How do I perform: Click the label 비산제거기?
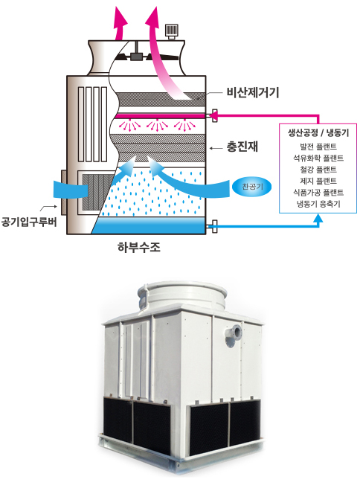(x=253, y=93)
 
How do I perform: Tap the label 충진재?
(x=242, y=147)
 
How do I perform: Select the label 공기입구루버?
(x=29, y=222)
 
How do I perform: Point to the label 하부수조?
(x=139, y=247)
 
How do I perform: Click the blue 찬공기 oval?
(x=252, y=187)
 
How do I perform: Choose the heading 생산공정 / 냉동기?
(x=318, y=132)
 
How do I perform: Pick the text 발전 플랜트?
(x=318, y=147)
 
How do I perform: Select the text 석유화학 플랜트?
(x=318, y=158)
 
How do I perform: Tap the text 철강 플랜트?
(x=318, y=170)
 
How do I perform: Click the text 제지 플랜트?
(x=318, y=181)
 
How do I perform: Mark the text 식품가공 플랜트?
(x=318, y=192)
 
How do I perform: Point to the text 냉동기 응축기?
(x=318, y=204)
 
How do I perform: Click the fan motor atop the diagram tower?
(x=172, y=31)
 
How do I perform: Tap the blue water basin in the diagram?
(x=149, y=225)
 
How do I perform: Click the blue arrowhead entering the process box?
(x=318, y=218)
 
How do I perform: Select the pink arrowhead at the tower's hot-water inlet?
(x=213, y=116)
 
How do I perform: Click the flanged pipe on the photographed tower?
(x=234, y=336)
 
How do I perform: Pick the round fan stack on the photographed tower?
(x=181, y=295)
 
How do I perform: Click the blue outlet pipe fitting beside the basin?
(x=214, y=226)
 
